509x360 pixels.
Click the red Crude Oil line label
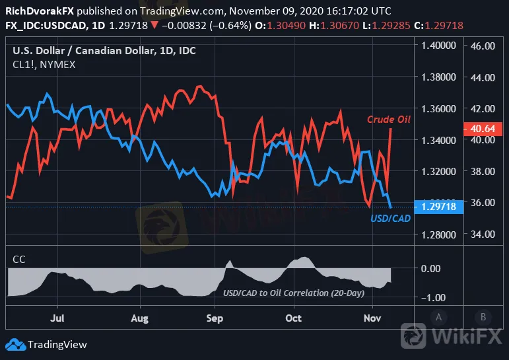389,120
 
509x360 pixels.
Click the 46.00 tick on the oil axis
483,46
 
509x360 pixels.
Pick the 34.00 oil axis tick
483,234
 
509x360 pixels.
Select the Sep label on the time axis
213,318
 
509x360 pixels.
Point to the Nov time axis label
372,318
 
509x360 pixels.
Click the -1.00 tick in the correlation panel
432,297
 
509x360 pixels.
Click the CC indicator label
20,260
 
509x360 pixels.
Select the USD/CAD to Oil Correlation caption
294,293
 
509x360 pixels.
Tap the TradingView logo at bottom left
46,344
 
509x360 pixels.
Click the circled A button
438,316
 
